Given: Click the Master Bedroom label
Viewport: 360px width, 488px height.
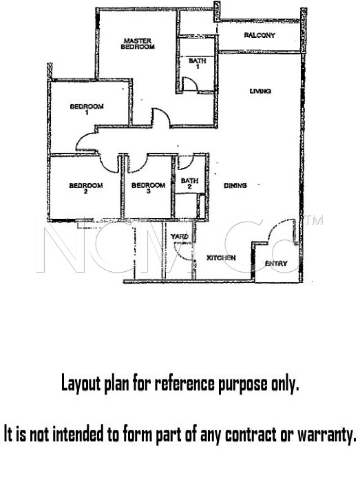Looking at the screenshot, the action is (x=138, y=43).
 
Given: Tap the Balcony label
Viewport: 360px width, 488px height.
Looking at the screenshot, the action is (x=260, y=35).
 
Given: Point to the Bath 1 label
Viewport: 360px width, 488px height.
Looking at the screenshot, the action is (x=198, y=63).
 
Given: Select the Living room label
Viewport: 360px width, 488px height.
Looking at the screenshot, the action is (x=260, y=91).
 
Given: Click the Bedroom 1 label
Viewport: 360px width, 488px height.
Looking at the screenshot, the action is (x=87, y=109).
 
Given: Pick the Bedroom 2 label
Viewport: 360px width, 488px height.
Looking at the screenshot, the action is (x=86, y=188).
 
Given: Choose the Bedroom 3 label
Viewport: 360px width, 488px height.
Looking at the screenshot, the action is (x=148, y=188).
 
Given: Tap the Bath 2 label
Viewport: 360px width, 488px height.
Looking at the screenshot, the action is (x=189, y=183).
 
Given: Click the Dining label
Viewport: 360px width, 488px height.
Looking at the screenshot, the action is (x=235, y=185).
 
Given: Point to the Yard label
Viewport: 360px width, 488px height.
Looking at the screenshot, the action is (x=180, y=237).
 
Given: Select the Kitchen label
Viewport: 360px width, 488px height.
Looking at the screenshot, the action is (x=221, y=257).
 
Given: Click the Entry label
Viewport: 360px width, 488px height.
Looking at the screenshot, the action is (x=276, y=264).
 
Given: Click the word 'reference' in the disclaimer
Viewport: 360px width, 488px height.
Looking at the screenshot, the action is (x=184, y=383).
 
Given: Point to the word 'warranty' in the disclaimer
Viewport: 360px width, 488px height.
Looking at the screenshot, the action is (x=326, y=434).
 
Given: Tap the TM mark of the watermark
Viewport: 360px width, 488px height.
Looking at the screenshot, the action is (x=314, y=220).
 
